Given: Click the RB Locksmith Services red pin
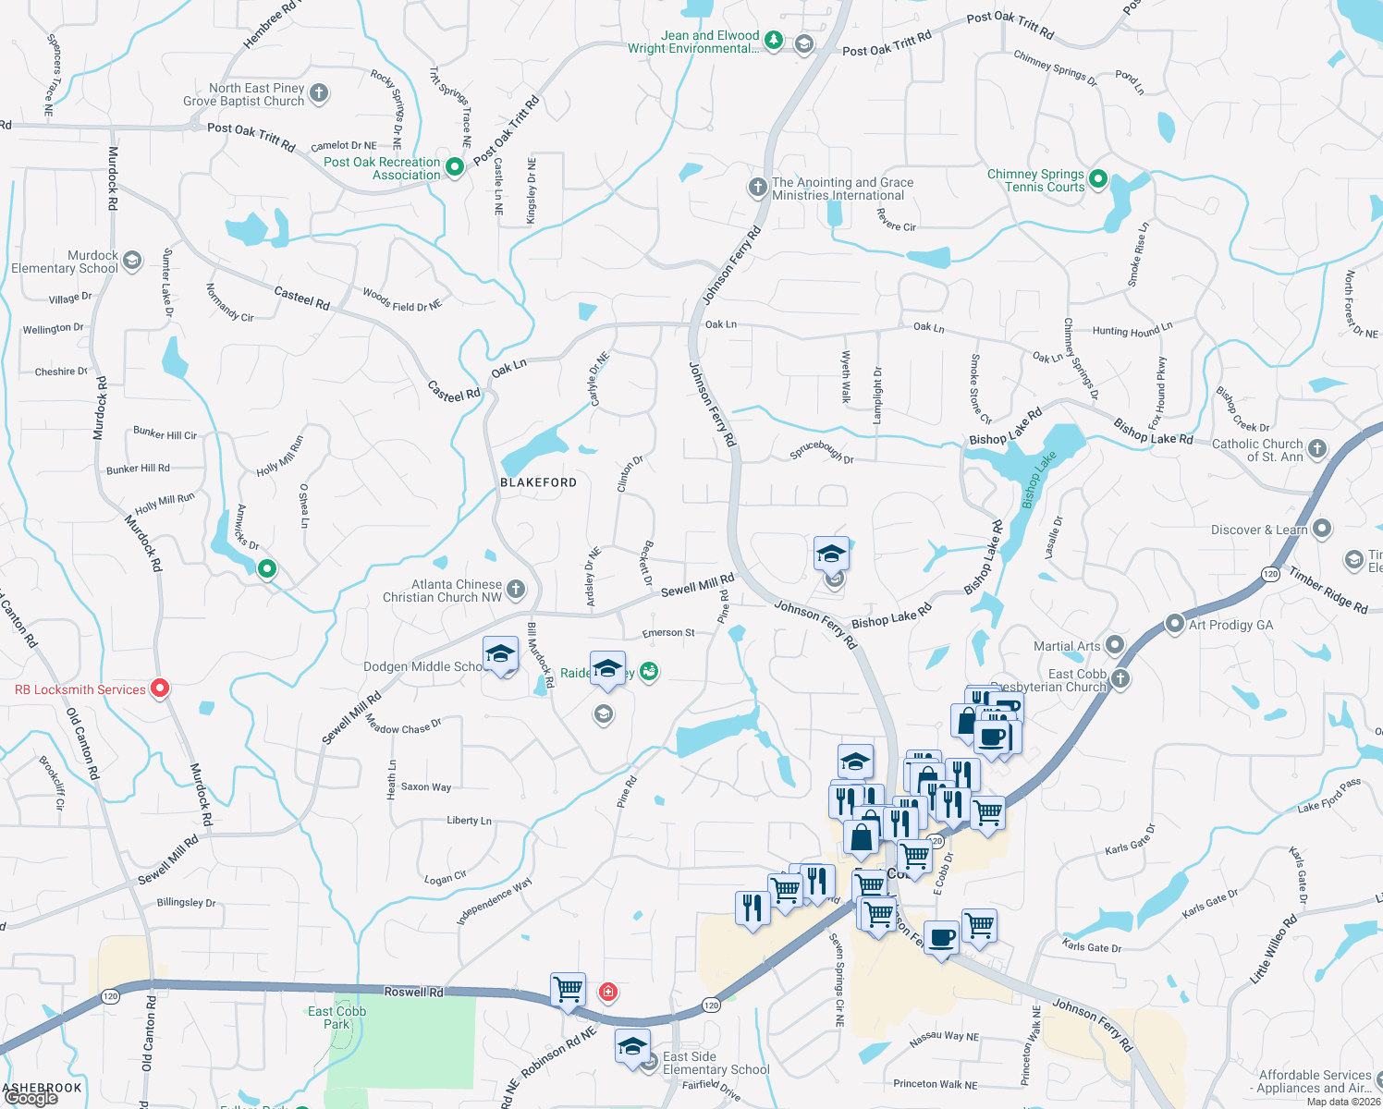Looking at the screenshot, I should point(160,689).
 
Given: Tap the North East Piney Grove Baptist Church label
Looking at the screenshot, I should point(244,94).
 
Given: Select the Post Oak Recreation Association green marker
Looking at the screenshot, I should point(455,167).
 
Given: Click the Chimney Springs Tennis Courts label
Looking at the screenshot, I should point(1035,180).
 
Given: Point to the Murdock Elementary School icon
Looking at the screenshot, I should point(132,260).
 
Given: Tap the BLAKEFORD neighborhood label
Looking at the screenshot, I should point(538,482).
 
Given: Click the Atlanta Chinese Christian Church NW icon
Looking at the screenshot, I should point(517,589).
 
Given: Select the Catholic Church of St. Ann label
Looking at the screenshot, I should point(1256,450).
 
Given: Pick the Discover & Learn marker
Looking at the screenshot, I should point(1322,529).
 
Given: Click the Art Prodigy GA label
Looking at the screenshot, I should point(1230,625).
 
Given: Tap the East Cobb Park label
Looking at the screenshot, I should point(337,1018).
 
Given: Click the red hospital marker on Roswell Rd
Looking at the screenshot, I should point(607,993).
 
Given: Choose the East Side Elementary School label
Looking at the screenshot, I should point(716,1063).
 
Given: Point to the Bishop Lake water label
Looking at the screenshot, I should point(1038,479).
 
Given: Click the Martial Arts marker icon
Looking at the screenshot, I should point(1115,644).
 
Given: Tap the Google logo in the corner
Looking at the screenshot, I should point(31,1098).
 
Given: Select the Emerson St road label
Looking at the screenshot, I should point(668,633).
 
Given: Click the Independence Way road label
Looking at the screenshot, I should point(494,902).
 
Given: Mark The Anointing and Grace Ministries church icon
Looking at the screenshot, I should point(758,188).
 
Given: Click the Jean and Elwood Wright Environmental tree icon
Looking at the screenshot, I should point(774,41).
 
